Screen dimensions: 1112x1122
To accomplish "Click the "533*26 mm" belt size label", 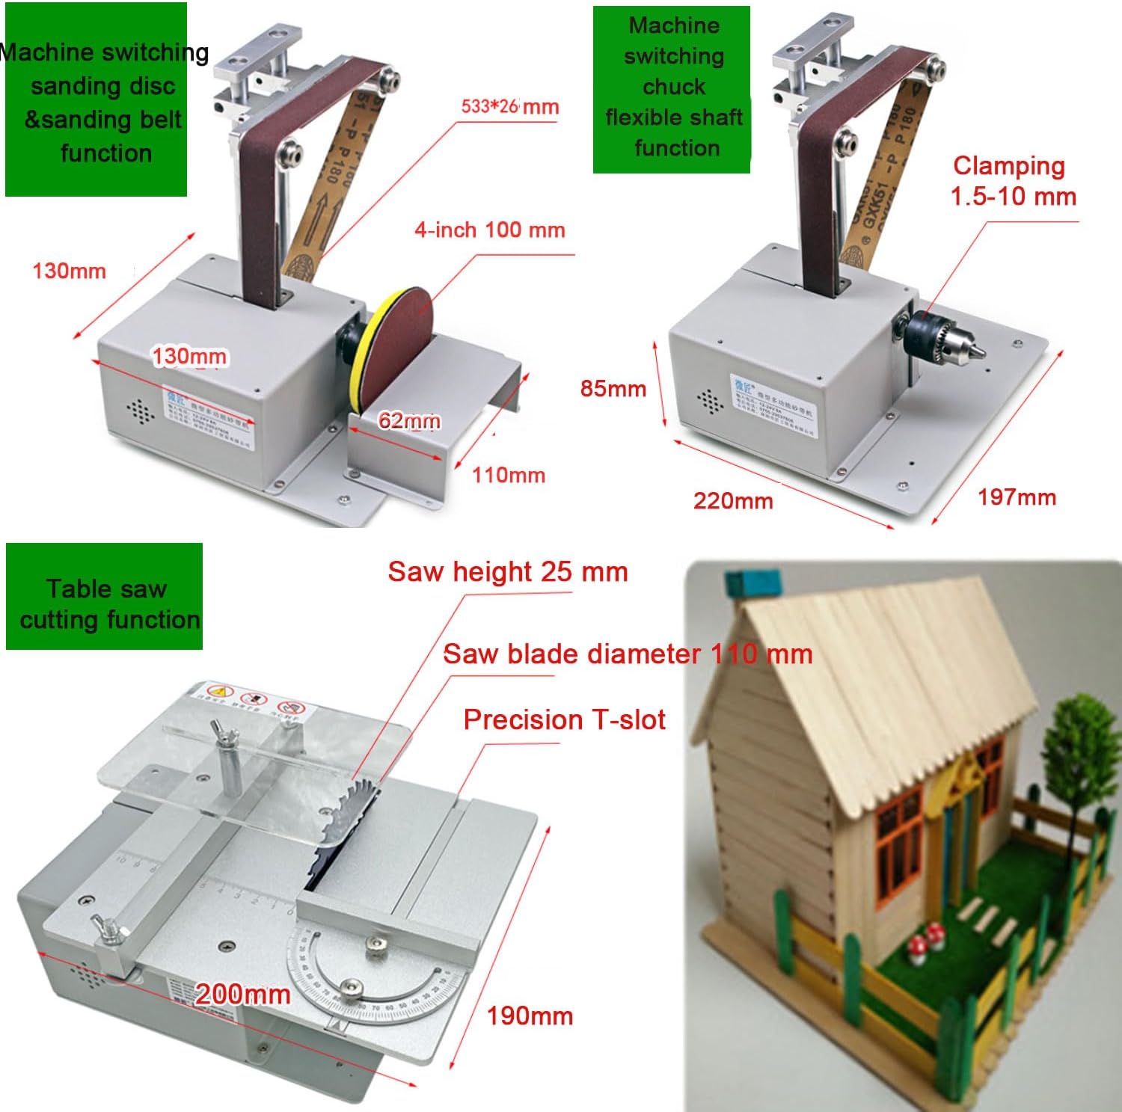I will tap(509, 106).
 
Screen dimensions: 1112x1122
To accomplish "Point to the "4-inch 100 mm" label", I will tap(489, 230).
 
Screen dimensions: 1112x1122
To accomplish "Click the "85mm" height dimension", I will tap(613, 388).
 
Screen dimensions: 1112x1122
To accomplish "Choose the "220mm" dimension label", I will tap(732, 500).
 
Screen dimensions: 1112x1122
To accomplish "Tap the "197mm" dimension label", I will tap(1017, 497).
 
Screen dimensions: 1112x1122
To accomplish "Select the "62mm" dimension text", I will tap(408, 420).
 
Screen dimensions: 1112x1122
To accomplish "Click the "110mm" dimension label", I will tap(508, 475).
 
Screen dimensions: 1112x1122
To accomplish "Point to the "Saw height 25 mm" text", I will tap(507, 572).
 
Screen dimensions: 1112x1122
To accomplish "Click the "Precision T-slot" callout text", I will tap(564, 719).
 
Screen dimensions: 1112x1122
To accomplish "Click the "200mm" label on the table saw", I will tap(242, 994).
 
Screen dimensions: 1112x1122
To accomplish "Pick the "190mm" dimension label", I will tap(530, 1016).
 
